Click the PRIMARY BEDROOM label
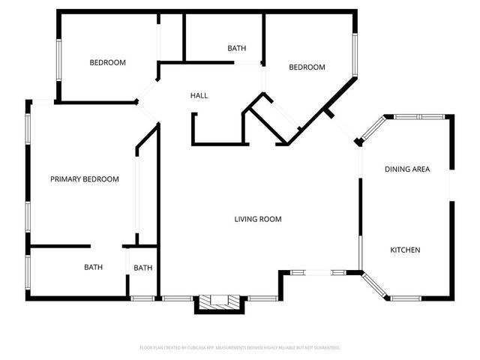(85, 179)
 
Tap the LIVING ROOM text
(258, 220)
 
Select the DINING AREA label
(407, 169)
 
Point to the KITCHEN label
(405, 250)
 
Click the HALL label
(199, 96)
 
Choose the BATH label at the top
(236, 49)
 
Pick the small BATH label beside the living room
(142, 268)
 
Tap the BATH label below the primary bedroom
(93, 267)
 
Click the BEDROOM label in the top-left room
(107, 63)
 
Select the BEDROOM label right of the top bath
(307, 67)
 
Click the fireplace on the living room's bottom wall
(218, 301)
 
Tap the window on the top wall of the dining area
(419, 116)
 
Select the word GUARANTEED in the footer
(325, 348)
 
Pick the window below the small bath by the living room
(142, 298)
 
